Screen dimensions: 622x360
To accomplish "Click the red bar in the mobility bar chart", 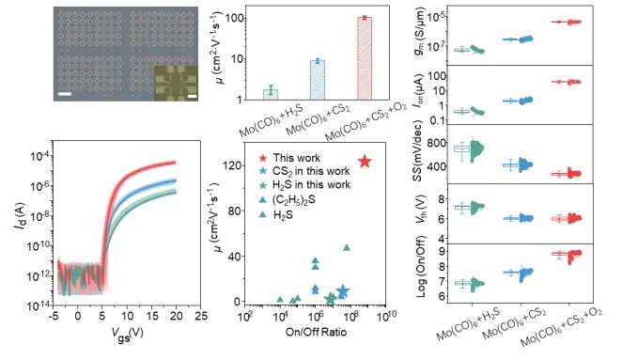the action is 365,58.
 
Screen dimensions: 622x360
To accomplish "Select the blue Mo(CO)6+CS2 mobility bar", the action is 317,80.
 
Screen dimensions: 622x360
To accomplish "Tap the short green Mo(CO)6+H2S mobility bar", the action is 271,95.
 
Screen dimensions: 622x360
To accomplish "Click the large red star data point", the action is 365,162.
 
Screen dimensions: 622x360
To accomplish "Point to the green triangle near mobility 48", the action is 347,247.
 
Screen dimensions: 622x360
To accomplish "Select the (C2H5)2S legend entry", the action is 288,200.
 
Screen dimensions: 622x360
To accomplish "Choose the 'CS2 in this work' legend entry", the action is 304,171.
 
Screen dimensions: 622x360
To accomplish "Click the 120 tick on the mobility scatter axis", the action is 233,165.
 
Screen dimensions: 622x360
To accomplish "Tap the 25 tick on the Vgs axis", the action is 201,316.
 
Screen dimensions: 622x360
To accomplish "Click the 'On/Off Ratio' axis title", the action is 316,332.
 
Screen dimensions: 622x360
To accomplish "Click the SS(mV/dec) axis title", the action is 418,151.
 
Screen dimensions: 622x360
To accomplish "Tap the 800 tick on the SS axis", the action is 437,143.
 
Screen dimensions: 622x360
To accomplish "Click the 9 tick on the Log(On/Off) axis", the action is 442,251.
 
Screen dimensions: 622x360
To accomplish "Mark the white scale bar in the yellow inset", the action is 192,96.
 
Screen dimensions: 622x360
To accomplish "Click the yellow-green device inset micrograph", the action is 176,83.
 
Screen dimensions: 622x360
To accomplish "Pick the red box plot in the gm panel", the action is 558,22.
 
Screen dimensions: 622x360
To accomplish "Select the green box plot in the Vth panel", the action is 462,208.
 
